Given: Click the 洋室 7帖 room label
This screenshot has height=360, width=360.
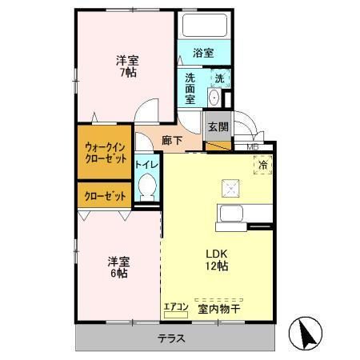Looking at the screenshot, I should click(126, 66).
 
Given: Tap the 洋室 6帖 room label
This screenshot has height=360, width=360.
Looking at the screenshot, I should click(120, 266).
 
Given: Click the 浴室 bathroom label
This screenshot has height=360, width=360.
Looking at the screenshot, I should click(203, 54).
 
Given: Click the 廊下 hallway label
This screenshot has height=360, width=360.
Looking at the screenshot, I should click(171, 140).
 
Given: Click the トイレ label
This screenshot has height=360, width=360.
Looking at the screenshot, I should click(146, 165).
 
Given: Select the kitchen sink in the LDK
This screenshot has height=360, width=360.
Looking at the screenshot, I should click(230, 214).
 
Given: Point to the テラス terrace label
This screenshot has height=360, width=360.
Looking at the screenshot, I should click(170, 338).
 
